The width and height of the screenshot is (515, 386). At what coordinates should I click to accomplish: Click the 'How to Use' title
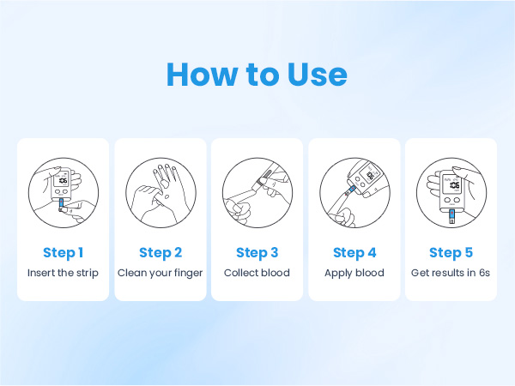pos(257,74)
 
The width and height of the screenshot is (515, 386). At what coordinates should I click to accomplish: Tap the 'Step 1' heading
pos(63,253)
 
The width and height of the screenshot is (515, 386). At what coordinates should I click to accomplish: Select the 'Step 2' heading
pos(161,253)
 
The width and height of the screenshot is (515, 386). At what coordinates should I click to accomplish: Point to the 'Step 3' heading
pos(257,253)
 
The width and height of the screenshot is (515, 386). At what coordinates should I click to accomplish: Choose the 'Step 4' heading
pos(354,253)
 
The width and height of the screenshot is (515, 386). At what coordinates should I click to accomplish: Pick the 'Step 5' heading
pos(451,253)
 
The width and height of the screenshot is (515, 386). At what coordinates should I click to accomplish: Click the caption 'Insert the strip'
pos(63,273)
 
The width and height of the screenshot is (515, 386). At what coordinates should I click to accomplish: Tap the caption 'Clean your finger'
pos(161,273)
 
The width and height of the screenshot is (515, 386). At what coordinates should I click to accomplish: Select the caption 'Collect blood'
pos(257,273)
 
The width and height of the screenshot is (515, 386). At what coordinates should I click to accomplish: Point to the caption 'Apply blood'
pos(354,273)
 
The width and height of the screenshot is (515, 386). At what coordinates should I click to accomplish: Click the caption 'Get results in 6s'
pos(451,273)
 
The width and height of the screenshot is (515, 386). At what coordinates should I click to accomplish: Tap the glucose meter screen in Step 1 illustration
pos(61,180)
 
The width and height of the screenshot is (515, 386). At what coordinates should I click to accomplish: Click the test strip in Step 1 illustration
pos(61,204)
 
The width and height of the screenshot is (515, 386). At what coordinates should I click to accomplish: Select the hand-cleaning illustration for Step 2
pos(161,193)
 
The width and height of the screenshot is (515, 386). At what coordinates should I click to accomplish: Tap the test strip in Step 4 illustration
pos(350,190)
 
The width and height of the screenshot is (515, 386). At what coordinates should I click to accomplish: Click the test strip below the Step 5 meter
pos(452,217)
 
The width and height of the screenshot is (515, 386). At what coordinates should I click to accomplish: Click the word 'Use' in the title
pos(318,74)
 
